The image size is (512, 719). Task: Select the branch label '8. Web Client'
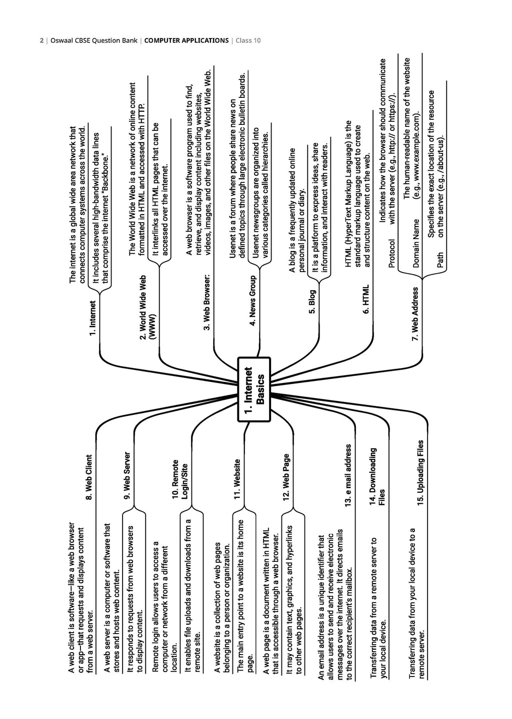pyautogui.click(x=88, y=477)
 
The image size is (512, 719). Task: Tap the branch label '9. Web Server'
pyautogui.click(x=127, y=475)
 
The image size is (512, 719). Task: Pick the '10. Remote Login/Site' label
pyautogui.click(x=179, y=479)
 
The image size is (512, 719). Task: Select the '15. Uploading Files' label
pyautogui.click(x=420, y=472)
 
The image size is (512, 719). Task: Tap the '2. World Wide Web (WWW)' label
pyautogui.click(x=147, y=307)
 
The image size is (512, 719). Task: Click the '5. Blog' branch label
pyautogui.click(x=312, y=301)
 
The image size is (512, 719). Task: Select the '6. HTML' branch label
pyautogui.click(x=366, y=299)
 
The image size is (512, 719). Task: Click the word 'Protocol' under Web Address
pyautogui.click(x=392, y=253)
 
